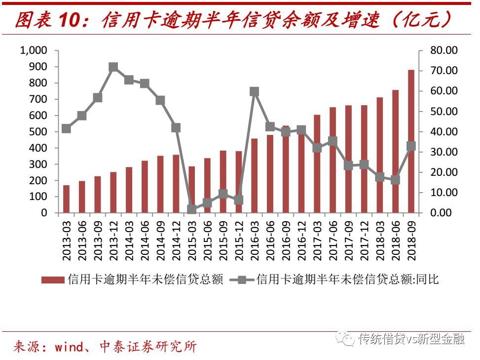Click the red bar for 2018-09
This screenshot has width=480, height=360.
[411, 141]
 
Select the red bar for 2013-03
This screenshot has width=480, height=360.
[67, 199]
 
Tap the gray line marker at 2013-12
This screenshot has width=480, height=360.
[113, 68]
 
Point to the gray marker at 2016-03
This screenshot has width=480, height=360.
[255, 91]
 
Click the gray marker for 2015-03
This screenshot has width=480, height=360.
[192, 209]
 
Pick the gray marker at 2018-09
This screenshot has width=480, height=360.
[411, 146]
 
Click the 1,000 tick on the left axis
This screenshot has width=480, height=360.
[33, 50]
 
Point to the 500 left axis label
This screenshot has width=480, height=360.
[37, 132]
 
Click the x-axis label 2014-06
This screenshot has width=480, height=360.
[145, 240]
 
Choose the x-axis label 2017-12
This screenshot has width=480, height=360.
[365, 240]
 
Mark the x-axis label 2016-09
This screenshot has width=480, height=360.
[286, 240]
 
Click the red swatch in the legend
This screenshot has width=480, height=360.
[52, 280]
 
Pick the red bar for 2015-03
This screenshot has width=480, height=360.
[192, 190]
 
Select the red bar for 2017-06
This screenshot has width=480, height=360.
[333, 160]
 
